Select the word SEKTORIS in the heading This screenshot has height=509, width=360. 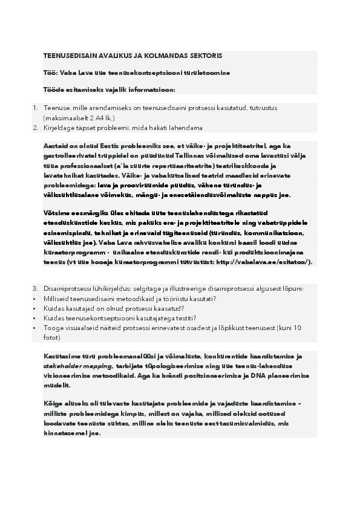coord(205,56)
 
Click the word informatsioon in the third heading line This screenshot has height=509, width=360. coord(149,90)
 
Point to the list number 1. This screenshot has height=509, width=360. coord(34,108)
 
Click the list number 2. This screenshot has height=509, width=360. coord(34,128)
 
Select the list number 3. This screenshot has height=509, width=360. coord(34,288)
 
